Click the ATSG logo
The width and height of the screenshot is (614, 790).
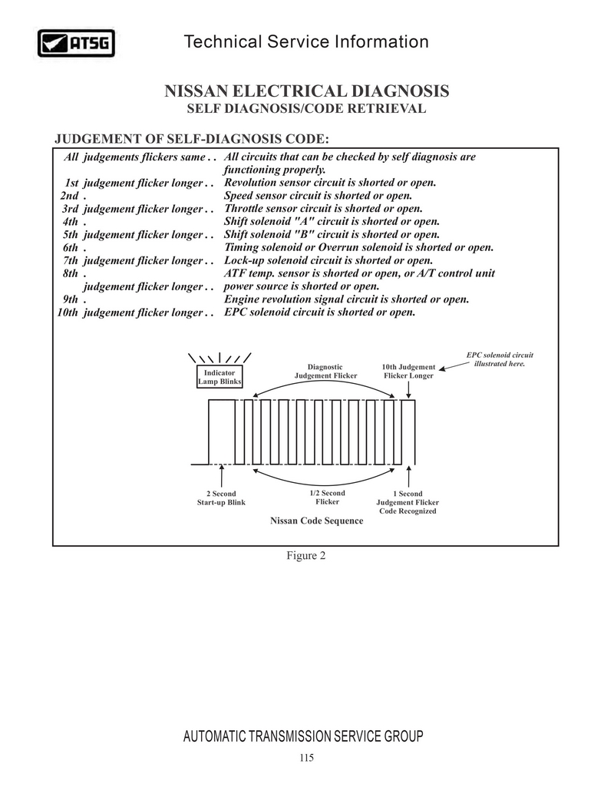click(x=76, y=44)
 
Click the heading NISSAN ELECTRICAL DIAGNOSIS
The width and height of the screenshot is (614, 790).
click(x=307, y=91)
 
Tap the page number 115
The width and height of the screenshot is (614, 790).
click(x=306, y=759)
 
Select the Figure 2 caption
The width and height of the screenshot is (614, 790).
click(x=306, y=556)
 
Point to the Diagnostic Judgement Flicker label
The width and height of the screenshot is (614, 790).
click(x=325, y=372)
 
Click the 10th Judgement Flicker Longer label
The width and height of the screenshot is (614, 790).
click(x=408, y=372)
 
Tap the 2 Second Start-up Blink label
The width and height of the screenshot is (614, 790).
click(x=221, y=497)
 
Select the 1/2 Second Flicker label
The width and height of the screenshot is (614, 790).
click(x=327, y=497)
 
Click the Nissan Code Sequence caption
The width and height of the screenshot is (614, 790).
click(x=316, y=521)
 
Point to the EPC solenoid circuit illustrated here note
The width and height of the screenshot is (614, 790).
click(x=500, y=359)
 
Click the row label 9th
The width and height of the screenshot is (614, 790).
click(x=71, y=299)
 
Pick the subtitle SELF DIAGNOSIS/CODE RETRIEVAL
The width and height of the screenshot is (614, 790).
click(x=306, y=109)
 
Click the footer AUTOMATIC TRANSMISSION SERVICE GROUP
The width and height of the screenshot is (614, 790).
click(x=303, y=737)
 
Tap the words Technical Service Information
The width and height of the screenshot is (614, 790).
click(x=306, y=41)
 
